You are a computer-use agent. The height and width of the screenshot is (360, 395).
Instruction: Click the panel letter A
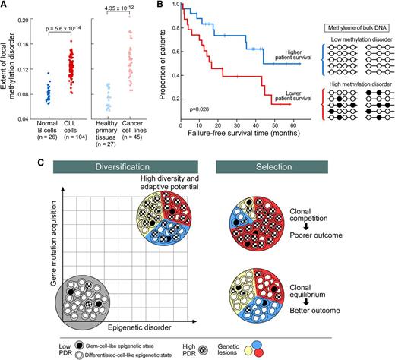[5, 5]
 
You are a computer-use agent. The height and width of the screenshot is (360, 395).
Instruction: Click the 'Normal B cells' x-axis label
[55, 128]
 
